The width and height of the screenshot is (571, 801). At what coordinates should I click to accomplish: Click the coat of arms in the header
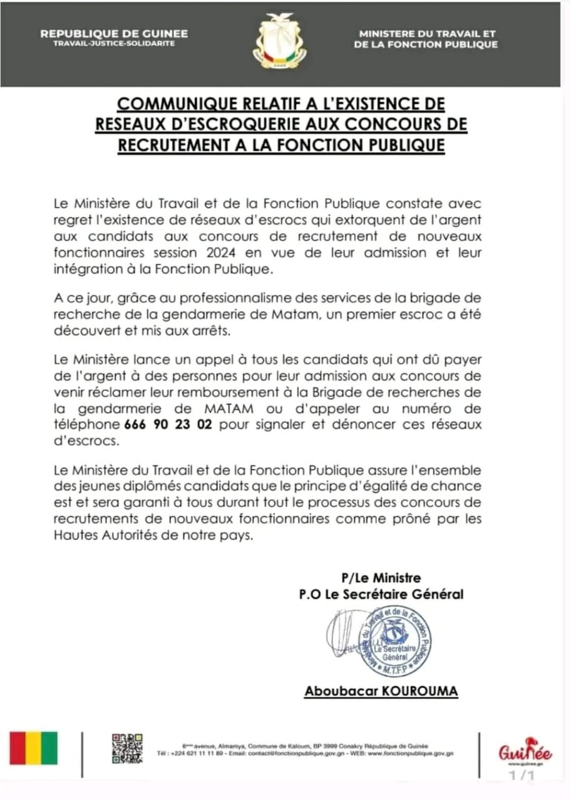tap(280, 42)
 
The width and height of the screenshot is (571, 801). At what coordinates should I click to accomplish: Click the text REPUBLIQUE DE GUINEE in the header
tap(114, 34)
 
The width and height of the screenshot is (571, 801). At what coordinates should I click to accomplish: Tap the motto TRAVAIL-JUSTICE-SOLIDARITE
tap(114, 44)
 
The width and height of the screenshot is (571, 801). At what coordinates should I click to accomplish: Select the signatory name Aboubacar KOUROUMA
tap(381, 691)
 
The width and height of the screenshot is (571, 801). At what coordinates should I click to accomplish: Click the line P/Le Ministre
tap(381, 577)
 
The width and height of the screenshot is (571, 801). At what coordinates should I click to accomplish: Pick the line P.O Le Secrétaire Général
tap(381, 594)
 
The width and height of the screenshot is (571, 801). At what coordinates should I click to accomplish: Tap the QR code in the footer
tap(127, 748)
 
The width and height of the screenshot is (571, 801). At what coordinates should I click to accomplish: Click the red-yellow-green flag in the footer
tap(33, 748)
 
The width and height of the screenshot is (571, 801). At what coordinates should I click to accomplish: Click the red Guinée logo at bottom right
tap(525, 751)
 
